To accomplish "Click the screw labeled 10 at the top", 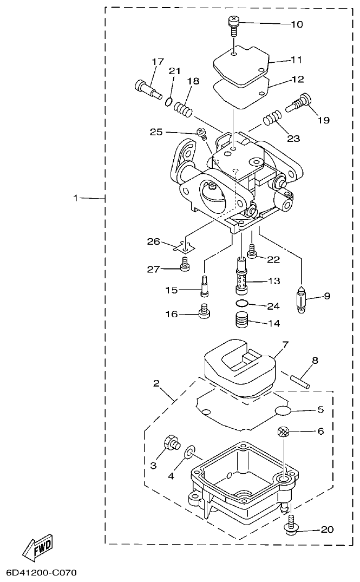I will (x=233, y=25).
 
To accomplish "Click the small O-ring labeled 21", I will (x=169, y=101).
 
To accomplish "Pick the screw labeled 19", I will (x=299, y=103).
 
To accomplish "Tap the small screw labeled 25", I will (x=201, y=133).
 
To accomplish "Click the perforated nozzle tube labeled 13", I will (x=241, y=277).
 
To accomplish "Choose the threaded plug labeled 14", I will (x=242, y=322).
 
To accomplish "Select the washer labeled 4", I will (x=190, y=453).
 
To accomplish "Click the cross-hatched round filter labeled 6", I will (x=284, y=431).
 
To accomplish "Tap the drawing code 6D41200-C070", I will (x=42, y=572).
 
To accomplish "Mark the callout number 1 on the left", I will (x=76, y=198).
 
